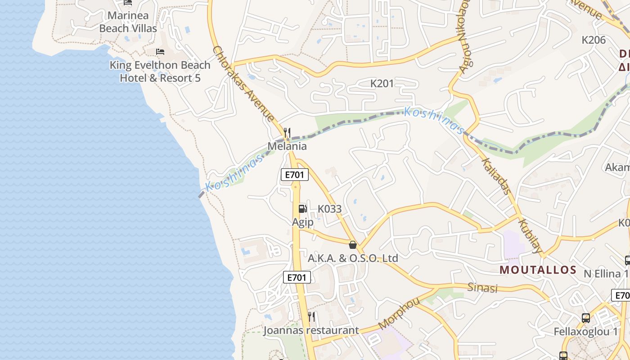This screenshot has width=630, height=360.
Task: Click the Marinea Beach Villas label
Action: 128,22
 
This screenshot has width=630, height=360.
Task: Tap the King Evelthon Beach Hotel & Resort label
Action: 160,72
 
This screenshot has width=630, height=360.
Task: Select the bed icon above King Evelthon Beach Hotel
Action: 160,52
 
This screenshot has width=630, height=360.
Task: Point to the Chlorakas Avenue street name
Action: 243,84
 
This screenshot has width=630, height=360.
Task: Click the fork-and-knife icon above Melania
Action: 287,132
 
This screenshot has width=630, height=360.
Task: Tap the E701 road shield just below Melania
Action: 294,175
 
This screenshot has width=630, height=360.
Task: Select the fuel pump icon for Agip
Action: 302,208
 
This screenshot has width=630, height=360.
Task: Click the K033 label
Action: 329,209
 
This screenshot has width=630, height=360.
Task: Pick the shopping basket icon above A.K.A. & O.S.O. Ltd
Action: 353,245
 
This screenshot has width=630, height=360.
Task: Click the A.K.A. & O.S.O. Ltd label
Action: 353,258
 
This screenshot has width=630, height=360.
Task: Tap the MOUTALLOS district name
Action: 538,270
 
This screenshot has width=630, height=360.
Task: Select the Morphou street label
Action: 399,314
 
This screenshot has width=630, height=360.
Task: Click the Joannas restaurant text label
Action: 311,330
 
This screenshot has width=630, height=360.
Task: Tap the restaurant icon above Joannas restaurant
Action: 311,317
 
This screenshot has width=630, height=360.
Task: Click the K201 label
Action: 382,83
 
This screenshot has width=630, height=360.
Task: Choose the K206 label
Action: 594,40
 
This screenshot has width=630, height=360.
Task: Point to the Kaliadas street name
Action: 496,175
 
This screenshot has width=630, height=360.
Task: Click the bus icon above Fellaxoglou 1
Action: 585,318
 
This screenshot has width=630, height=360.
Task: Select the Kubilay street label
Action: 530,235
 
